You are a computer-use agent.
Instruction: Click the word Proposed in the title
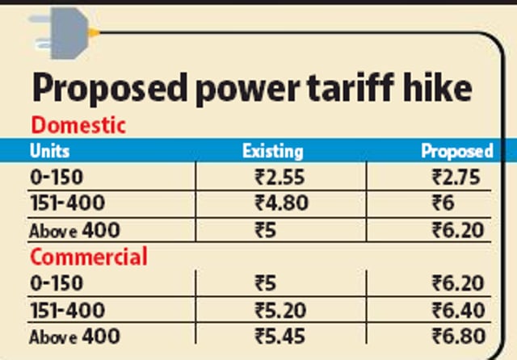pyautogui.click(x=110, y=89)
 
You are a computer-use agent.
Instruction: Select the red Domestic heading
pyautogui.click(x=78, y=125)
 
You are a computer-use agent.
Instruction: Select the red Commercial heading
pyautogui.click(x=89, y=257)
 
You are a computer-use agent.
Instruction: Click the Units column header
pyautogui.click(x=49, y=151)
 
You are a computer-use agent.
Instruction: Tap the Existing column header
pyautogui.click(x=273, y=152)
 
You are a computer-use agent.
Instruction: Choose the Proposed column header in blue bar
pyautogui.click(x=457, y=152)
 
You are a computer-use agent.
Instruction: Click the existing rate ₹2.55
pyautogui.click(x=280, y=178)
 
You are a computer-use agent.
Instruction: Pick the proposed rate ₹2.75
pyautogui.click(x=456, y=178)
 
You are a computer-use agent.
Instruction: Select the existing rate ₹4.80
pyautogui.click(x=281, y=203)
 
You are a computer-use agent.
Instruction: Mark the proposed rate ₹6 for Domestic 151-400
pyautogui.click(x=443, y=203)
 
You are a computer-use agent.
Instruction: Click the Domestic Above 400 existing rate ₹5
pyautogui.click(x=265, y=230)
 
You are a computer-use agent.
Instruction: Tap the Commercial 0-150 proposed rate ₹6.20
pyautogui.click(x=458, y=283)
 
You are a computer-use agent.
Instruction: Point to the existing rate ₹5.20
pyautogui.click(x=280, y=310)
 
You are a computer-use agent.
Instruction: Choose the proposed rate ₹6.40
pyautogui.click(x=458, y=310)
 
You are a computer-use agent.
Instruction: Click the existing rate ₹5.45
pyautogui.click(x=280, y=337)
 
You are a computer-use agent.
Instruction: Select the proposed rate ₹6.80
pyautogui.click(x=459, y=337)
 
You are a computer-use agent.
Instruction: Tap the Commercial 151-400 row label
pyautogui.click(x=68, y=310)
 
